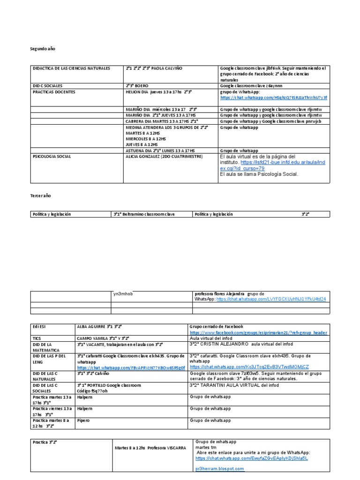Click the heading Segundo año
[43, 49]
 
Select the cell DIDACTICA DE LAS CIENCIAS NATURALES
[71, 68]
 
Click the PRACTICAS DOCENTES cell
[53, 92]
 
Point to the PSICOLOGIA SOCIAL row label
[51, 157]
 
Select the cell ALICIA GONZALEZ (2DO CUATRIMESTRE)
[157, 157]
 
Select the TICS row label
[37, 338]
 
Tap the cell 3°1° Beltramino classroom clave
[144, 214]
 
